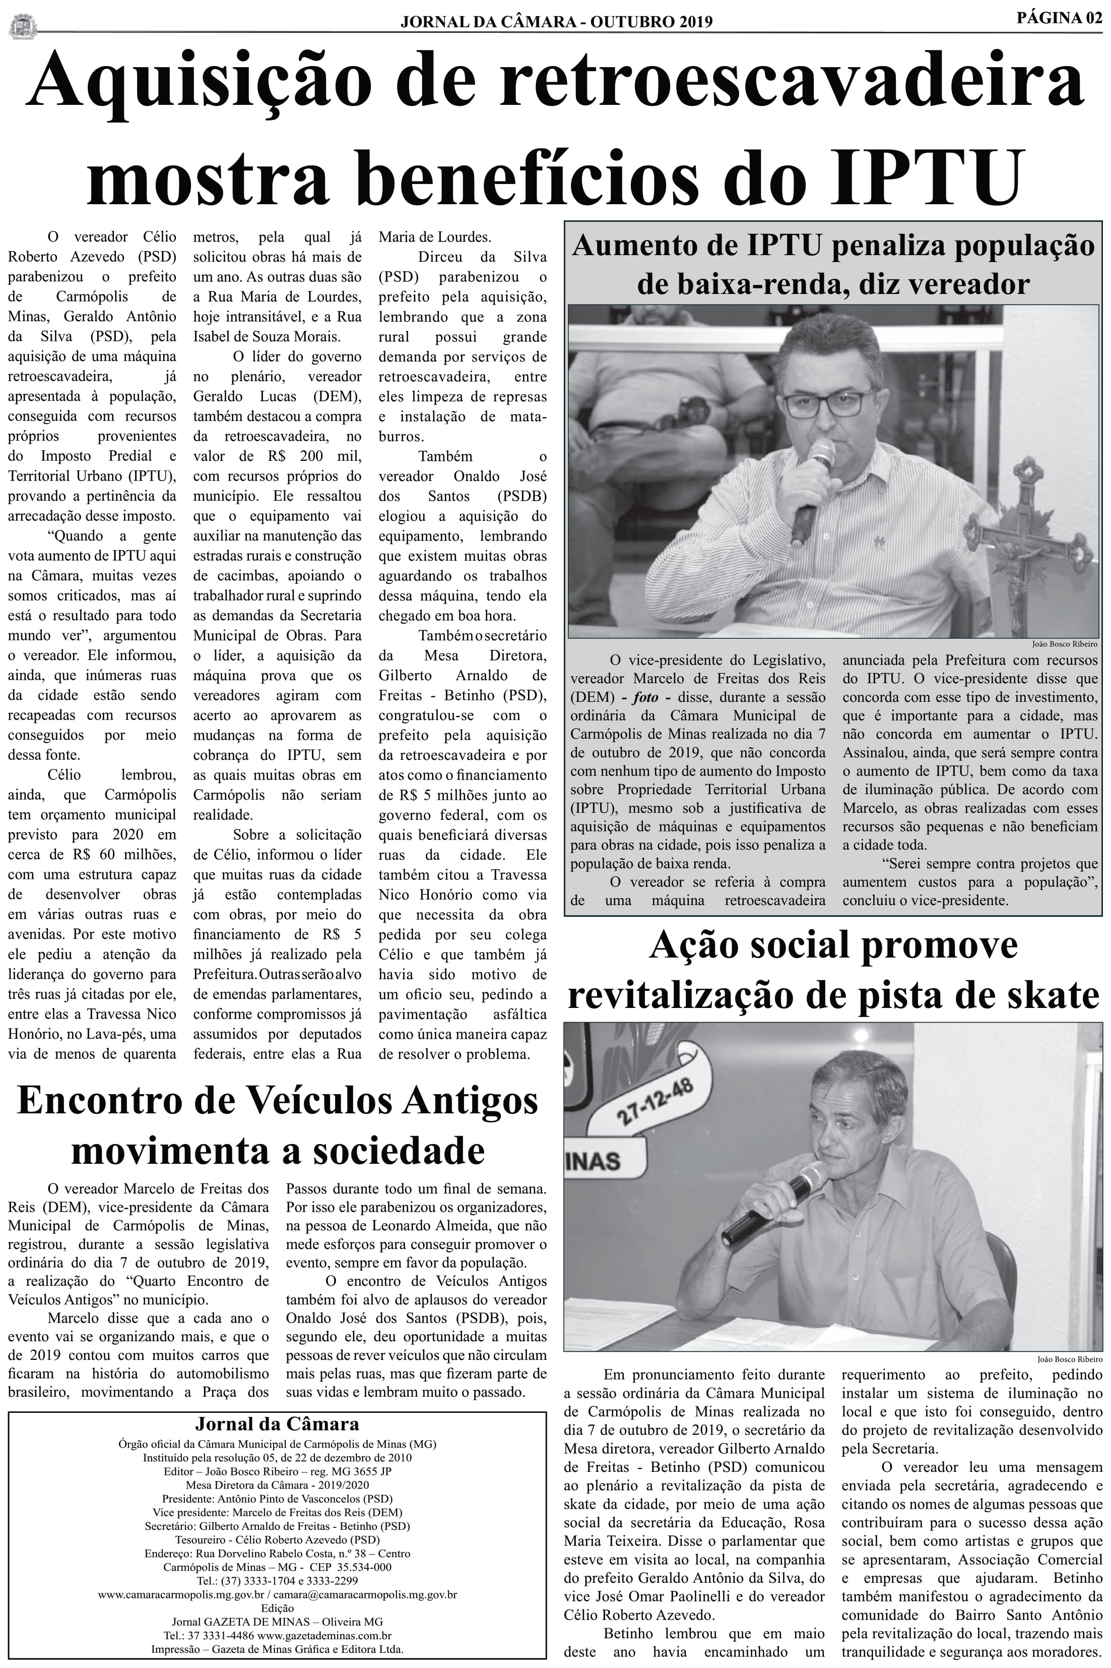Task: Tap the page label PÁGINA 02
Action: [x=1059, y=19]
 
